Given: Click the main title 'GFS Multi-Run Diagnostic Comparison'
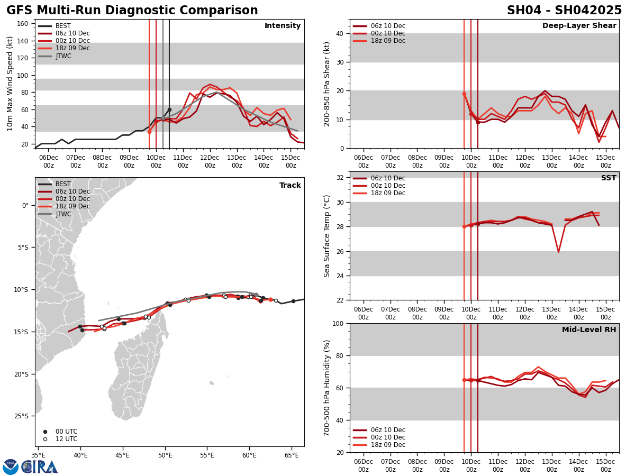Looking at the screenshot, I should (x=132, y=11).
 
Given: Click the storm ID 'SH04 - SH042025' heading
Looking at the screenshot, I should (x=564, y=11).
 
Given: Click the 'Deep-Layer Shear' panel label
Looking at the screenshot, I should (x=579, y=26).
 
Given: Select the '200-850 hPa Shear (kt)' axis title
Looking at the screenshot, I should (x=328, y=84).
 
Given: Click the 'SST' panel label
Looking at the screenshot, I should (x=609, y=178).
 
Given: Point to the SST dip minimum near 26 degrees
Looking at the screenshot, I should (x=558, y=252).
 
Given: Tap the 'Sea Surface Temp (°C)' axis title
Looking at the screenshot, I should (x=328, y=236).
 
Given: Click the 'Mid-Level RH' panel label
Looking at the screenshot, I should (x=589, y=330).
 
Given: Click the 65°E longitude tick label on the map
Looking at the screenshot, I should (x=292, y=454).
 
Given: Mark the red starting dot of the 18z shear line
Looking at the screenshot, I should (x=464, y=94).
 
